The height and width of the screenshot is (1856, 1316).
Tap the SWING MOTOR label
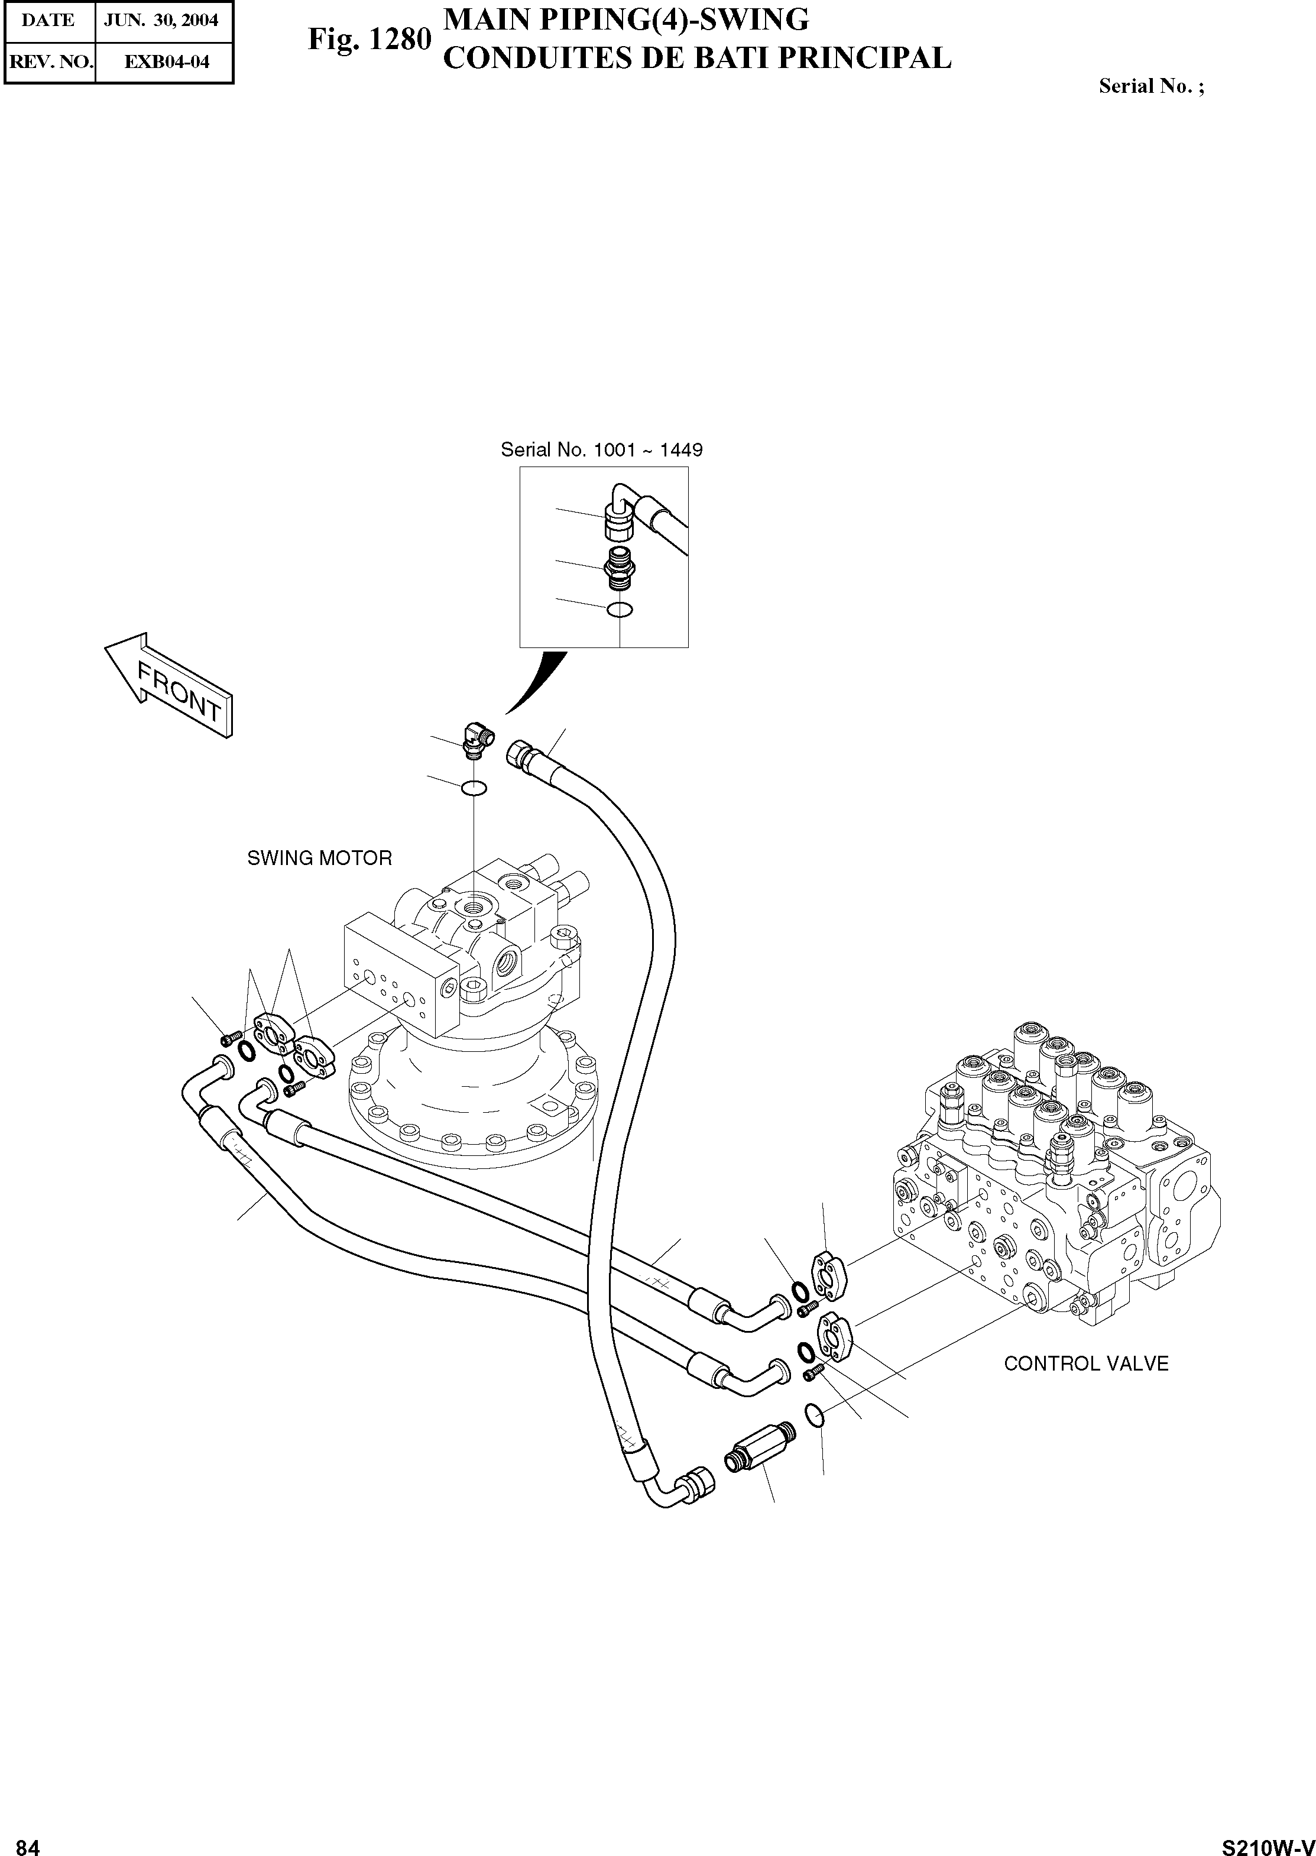(319, 857)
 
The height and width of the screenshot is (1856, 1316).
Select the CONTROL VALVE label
(1086, 1363)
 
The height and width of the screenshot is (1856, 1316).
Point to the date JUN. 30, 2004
(162, 20)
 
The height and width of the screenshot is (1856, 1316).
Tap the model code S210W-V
(1266, 1841)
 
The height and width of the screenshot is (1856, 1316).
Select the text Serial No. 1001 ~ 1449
(601, 450)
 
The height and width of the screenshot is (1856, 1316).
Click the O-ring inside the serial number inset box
(620, 610)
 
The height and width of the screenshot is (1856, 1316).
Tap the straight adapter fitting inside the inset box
(620, 568)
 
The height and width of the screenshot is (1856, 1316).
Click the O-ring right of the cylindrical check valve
(816, 1415)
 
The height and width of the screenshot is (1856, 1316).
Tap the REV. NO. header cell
(50, 61)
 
